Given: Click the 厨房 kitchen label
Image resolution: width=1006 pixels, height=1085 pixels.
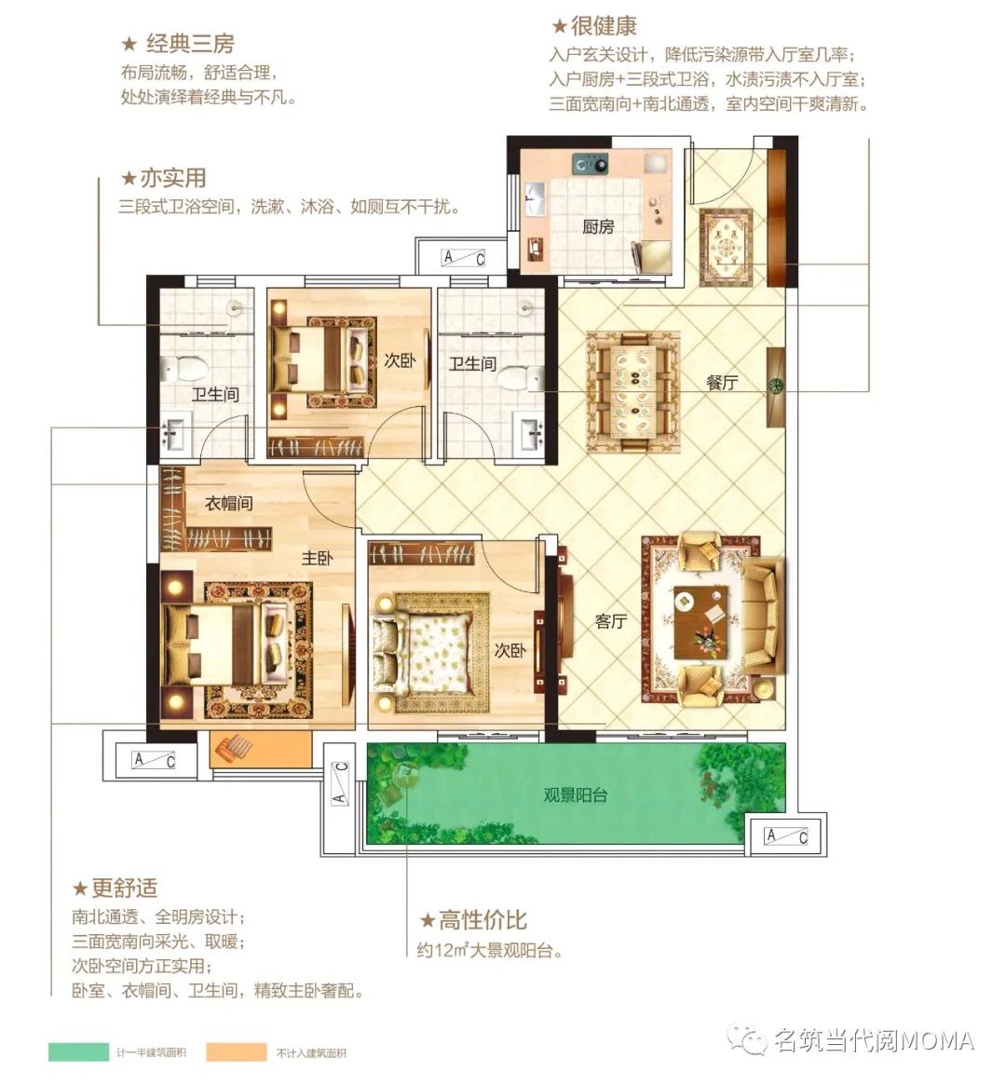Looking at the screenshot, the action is pos(598,227).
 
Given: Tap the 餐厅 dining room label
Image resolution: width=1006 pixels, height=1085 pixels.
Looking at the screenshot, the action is pos(722,382).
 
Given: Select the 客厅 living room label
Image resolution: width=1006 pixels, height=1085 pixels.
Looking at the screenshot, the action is pos(610,621).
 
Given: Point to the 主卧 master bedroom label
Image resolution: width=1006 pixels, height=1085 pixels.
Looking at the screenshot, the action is pos(317,558).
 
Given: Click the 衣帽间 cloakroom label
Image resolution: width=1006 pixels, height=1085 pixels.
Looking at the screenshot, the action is pos(228,503).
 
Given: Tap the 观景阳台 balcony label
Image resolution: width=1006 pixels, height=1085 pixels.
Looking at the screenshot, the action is pos(575,795).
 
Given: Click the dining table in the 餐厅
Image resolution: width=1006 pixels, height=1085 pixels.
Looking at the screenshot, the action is pos(633,392).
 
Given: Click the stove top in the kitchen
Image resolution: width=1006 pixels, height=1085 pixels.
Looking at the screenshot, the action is pos(591,165).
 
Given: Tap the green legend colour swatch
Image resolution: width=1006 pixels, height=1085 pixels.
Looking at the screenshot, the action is pos(78,1051).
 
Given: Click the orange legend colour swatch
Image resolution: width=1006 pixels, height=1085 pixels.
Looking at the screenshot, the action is pos(236,1051).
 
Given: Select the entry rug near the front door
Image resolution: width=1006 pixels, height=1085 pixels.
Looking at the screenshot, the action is pos(726,246).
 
